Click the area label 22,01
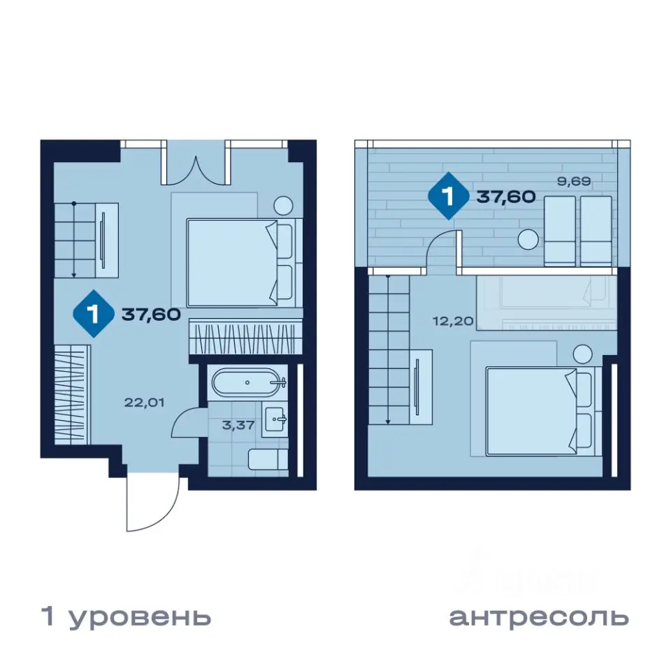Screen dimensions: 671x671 (143, 402)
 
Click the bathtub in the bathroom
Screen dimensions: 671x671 (249, 382)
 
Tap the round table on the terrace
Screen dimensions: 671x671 (528, 239)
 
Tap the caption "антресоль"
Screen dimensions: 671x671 (538, 616)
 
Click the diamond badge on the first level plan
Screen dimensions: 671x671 (94, 315)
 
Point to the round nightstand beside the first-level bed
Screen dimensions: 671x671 (284, 205)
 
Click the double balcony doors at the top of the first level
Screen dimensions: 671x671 (196, 165)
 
